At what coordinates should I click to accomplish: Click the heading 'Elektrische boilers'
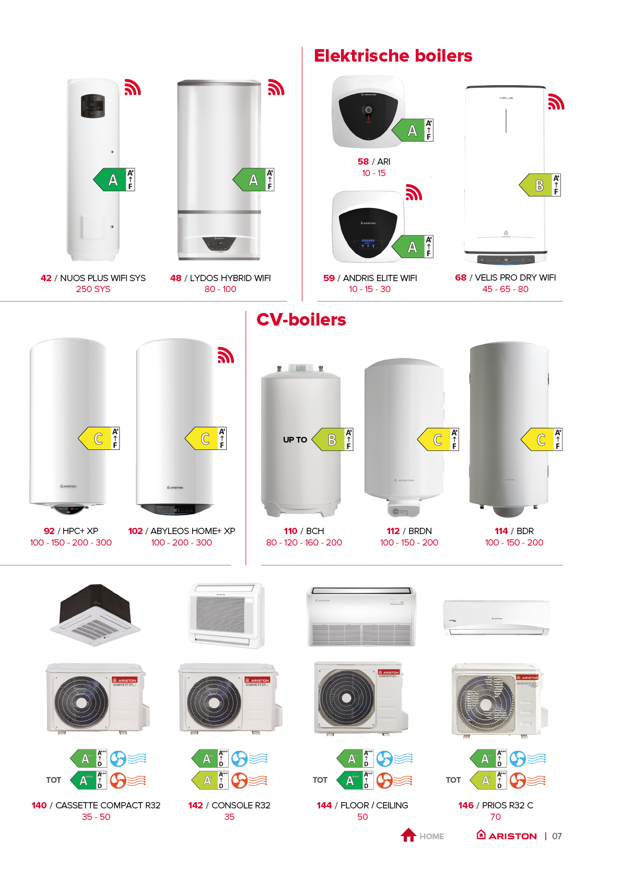(393, 56)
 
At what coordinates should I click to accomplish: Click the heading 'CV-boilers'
(301, 320)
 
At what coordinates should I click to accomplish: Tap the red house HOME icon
(408, 835)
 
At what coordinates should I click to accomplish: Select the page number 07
(557, 836)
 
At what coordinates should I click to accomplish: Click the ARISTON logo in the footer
(507, 836)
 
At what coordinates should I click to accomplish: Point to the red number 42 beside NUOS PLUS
(46, 278)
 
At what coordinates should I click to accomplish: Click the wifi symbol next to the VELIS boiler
(556, 101)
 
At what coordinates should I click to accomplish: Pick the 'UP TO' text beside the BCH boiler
(295, 440)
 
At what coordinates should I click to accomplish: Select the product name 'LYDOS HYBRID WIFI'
(230, 278)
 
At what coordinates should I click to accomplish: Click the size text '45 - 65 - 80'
(505, 289)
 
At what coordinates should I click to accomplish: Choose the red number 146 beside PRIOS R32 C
(466, 805)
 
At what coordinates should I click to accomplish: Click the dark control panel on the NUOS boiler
(93, 106)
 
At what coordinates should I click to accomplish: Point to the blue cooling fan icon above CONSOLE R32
(239, 759)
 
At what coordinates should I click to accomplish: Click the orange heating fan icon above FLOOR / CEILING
(384, 781)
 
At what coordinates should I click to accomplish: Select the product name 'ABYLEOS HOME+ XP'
(193, 531)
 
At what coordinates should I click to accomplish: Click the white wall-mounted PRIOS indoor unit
(496, 617)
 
